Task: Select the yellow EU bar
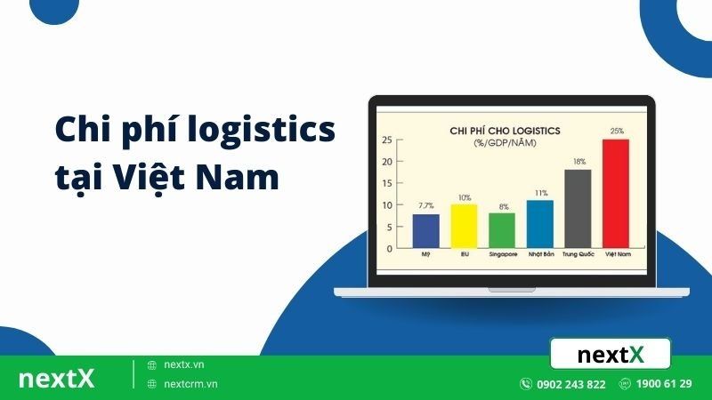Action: [x=464, y=225]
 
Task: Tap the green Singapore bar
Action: [x=501, y=229]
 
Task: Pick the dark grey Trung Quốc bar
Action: [x=578, y=207]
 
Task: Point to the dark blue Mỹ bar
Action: [x=425, y=230]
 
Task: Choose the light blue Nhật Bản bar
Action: [x=539, y=223]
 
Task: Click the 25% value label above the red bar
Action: [x=616, y=132]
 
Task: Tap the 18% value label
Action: [x=578, y=162]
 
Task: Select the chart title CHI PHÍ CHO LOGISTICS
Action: [x=505, y=130]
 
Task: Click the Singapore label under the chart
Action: [x=501, y=254]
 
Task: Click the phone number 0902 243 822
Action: [x=571, y=384]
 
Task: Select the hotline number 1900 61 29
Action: [x=665, y=384]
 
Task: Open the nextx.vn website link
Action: [x=184, y=364]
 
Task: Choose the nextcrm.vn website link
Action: [x=190, y=384]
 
